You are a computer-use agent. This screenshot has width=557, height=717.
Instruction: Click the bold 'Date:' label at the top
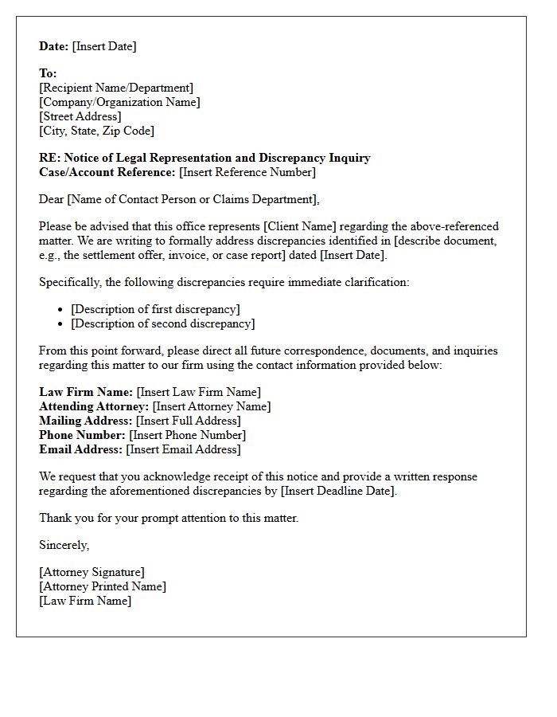54,46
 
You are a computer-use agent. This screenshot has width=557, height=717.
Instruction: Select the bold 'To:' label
48,73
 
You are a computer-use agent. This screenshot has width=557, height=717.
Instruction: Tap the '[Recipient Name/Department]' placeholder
116,88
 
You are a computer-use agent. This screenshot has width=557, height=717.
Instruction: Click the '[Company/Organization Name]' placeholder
119,102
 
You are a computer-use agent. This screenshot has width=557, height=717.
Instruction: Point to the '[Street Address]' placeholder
80,116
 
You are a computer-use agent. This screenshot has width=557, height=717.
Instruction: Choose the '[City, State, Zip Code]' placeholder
96,131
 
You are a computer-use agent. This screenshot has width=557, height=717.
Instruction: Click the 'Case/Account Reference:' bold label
107,172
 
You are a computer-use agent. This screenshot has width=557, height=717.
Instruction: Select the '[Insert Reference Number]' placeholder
247,172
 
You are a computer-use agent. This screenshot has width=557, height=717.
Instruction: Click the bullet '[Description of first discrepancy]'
155,309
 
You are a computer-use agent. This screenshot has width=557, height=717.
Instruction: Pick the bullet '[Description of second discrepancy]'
163,323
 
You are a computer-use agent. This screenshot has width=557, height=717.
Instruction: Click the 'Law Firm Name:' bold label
86,392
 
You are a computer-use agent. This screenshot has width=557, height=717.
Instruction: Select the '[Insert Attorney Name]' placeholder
212,406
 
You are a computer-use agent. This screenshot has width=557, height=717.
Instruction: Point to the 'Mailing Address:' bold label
86,421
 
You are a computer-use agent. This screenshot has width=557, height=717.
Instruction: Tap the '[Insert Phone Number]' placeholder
187,435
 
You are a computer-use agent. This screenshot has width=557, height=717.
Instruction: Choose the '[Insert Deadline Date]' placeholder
338,491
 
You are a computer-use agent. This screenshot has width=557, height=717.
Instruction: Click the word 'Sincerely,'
64,545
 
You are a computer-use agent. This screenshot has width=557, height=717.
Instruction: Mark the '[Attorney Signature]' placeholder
92,572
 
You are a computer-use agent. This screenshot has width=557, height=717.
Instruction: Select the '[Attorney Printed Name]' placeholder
103,586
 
